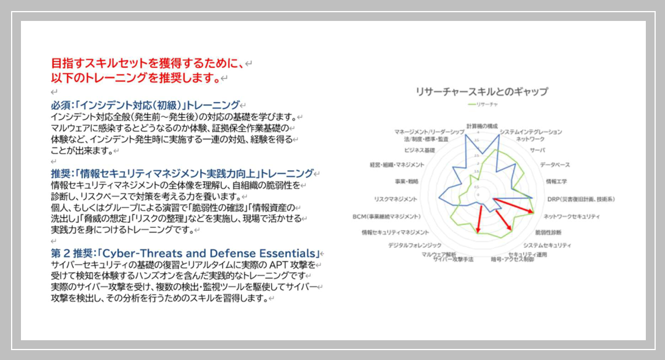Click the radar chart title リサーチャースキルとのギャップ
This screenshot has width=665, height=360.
click(481, 91)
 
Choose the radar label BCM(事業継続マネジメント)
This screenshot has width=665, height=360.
click(387, 216)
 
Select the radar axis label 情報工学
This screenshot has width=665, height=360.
click(556, 181)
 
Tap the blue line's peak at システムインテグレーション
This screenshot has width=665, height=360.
click(499, 138)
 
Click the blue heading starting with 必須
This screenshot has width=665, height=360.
click(145, 105)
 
